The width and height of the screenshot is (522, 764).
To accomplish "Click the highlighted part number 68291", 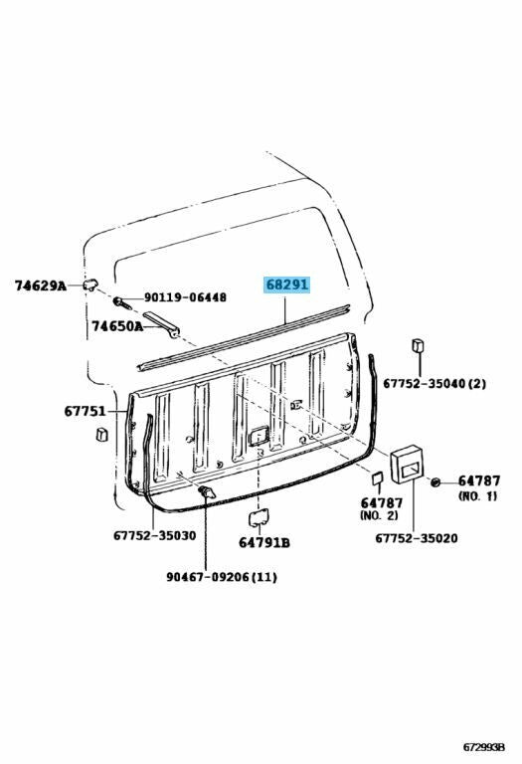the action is (287, 284).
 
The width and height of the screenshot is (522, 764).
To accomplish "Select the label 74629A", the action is (40, 286).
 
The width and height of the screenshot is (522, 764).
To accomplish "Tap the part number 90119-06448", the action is (185, 297).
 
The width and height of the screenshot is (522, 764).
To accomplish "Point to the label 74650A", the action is (117, 326).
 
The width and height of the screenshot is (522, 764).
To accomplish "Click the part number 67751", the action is (85, 411).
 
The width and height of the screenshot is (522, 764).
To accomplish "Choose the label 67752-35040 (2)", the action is (434, 383).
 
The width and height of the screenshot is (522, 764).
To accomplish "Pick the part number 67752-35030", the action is (155, 535).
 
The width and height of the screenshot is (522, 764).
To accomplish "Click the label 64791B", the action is (263, 542).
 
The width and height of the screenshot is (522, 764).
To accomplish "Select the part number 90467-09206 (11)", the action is (222, 577).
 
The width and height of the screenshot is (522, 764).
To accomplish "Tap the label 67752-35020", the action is (417, 538).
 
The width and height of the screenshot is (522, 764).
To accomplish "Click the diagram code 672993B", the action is (483, 747).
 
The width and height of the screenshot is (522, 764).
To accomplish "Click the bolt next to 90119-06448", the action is (122, 302).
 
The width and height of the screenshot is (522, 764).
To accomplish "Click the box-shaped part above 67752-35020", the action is (406, 464).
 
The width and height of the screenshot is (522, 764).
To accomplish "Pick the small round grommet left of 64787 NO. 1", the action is (435, 481).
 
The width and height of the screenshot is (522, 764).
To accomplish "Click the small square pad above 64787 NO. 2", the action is (378, 478).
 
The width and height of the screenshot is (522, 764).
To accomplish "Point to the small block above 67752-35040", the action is (419, 345).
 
